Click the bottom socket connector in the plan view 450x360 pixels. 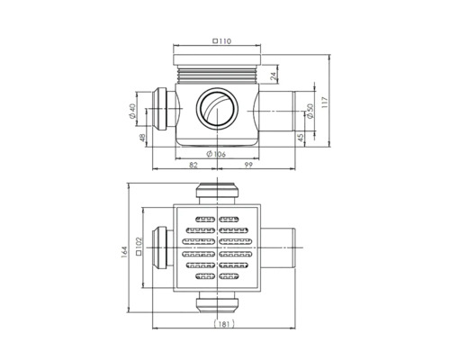click(x=217, y=304)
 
